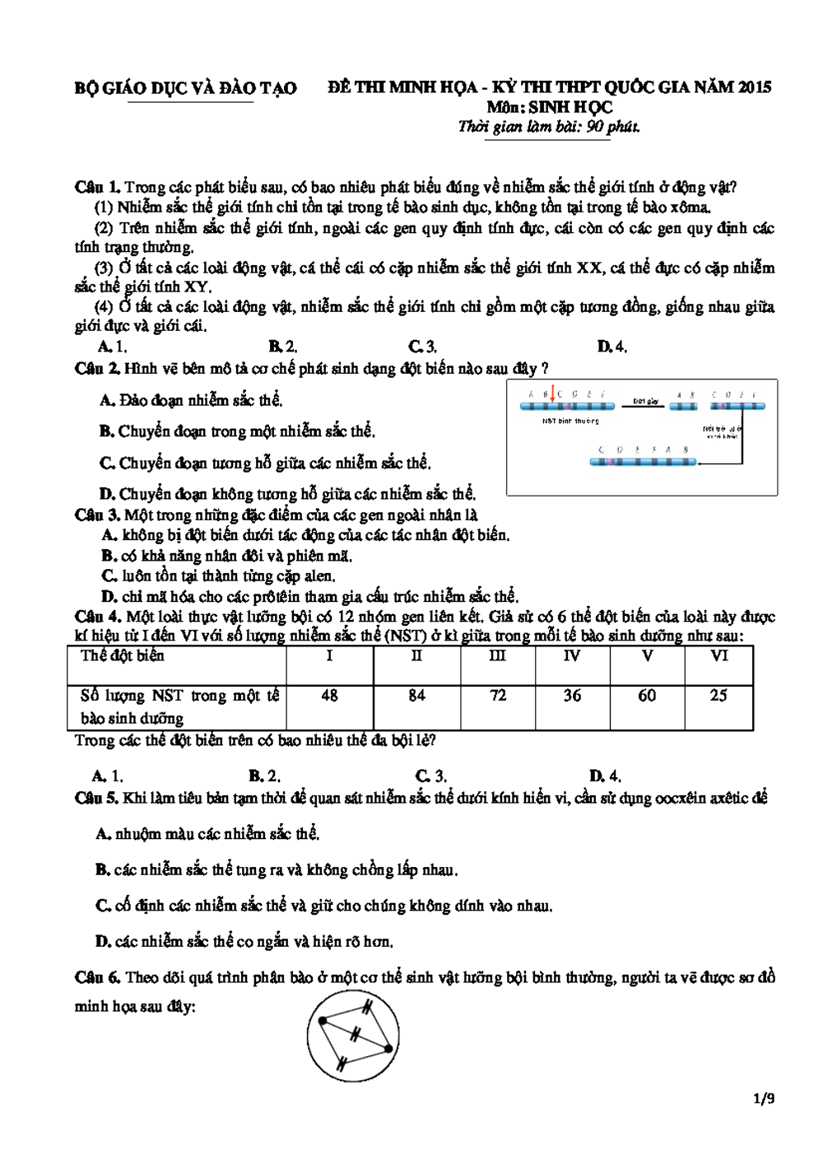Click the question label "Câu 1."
[x=97, y=188]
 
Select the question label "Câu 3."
[x=97, y=515]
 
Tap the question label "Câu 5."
[x=97, y=798]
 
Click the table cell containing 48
[x=329, y=696]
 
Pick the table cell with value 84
[x=416, y=696]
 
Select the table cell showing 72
[x=497, y=696]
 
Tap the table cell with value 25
[x=718, y=696]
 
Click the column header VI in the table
[x=718, y=656]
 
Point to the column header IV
[x=571, y=656]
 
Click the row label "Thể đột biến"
[x=123, y=656]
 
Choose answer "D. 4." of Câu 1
[x=611, y=347]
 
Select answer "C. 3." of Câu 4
[x=430, y=776]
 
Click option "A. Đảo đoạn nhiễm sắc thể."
[x=191, y=401]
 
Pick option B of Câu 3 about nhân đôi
[x=226, y=556]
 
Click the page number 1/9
[x=764, y=1098]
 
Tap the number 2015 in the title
[x=754, y=87]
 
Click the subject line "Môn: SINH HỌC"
[x=549, y=107]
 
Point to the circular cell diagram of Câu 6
[x=354, y=1036]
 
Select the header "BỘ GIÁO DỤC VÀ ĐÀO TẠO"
[x=185, y=88]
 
